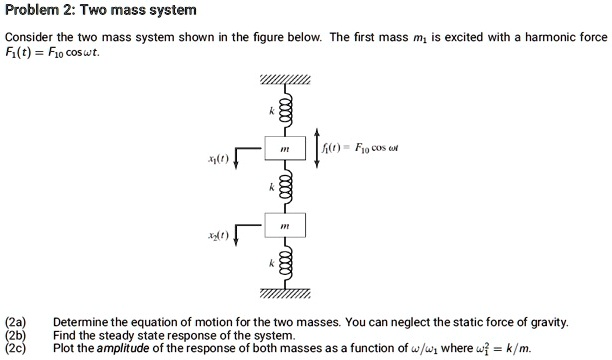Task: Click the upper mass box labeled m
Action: pos(285,148)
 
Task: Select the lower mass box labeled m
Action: pos(285,227)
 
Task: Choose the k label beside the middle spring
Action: pos(269,188)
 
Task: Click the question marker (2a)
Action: pos(16,323)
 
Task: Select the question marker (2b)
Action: pos(16,336)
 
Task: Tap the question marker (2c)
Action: pos(16,349)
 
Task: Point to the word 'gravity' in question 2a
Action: pos(546,323)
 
